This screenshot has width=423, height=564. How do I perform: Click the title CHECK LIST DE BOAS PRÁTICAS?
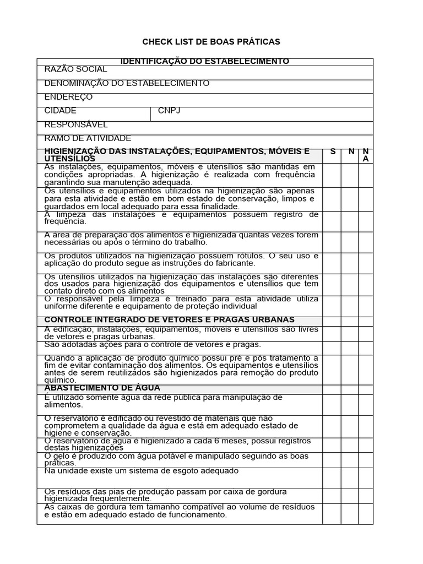coord(211,41)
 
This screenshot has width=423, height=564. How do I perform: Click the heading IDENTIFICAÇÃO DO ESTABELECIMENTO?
coord(205,61)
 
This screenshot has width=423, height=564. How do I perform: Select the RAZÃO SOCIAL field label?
coord(75,69)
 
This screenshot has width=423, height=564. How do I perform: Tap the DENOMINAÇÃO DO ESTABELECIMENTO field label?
coord(127,83)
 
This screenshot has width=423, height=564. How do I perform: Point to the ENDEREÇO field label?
coord(68,97)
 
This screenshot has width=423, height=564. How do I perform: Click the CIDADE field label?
coord(60,111)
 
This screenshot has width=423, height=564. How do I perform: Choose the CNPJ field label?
coord(169,111)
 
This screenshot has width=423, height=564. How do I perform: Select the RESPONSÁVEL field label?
coord(76,124)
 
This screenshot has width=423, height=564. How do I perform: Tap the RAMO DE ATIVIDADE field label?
coord(88,138)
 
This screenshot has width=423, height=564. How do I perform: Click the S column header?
coord(333,151)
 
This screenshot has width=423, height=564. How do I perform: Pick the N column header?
coord(351,151)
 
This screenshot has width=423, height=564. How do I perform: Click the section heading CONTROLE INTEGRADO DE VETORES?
coord(169,319)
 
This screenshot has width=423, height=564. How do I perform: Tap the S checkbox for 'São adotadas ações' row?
coord(332,347)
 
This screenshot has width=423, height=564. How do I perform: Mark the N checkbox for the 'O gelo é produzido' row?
coord(350,459)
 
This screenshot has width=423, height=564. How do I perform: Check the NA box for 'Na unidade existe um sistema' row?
coord(367,477)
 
